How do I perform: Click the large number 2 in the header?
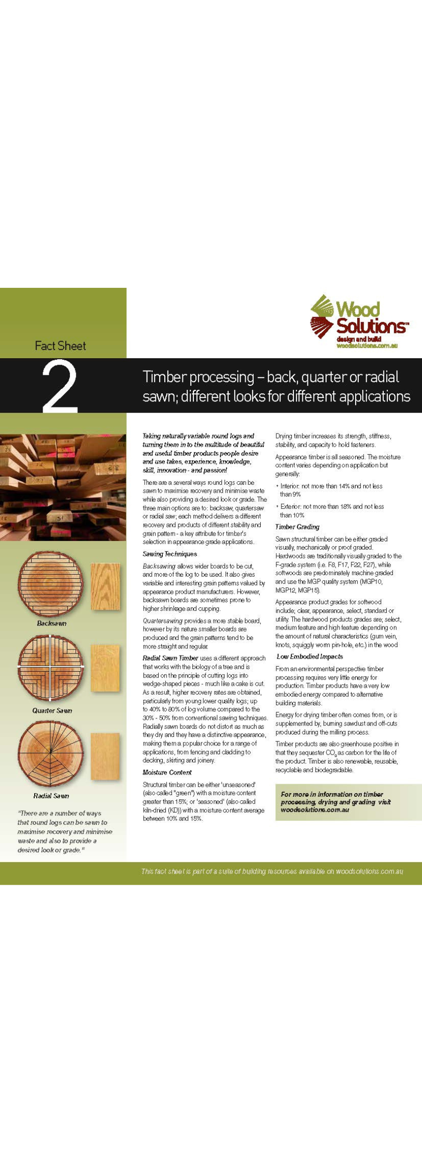pyautogui.click(x=60, y=386)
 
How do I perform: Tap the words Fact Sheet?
pyautogui.click(x=60, y=346)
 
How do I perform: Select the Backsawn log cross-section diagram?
pyautogui.click(x=51, y=584)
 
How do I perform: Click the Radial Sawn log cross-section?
pyautogui.click(x=51, y=754)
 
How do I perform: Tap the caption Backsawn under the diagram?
pyautogui.click(x=51, y=623)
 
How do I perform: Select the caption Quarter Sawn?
pyautogui.click(x=52, y=710)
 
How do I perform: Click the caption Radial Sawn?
pyautogui.click(x=51, y=796)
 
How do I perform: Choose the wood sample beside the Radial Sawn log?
pyautogui.click(x=105, y=756)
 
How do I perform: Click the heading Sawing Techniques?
pyautogui.click(x=170, y=554)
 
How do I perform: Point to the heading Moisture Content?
pyautogui.click(x=167, y=772)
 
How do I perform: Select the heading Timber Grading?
pyautogui.click(x=297, y=527)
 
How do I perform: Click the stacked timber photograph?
pyautogui.click(x=63, y=487)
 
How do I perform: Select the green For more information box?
pyautogui.click(x=348, y=802)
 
